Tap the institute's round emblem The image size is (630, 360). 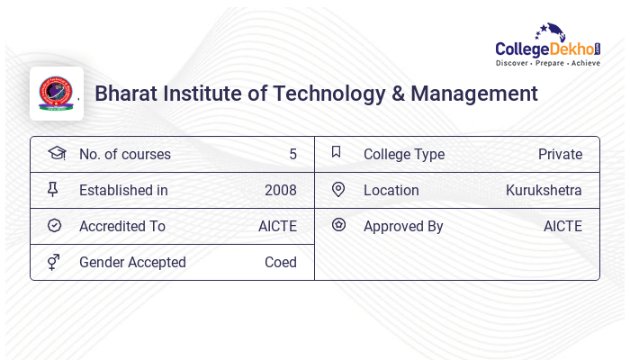click(56, 94)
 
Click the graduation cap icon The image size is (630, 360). click(56, 153)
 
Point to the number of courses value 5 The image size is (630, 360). click(292, 154)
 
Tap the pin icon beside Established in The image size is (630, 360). click(53, 190)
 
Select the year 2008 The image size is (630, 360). click(280, 190)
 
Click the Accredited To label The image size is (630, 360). click(122, 226)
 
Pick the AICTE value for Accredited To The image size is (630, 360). click(277, 226)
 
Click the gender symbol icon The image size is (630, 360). click(54, 262)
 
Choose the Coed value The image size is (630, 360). click(280, 262)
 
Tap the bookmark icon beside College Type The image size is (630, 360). click(337, 152)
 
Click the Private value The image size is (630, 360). click(560, 154)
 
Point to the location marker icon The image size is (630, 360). click(338, 189)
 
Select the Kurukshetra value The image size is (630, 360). click(544, 190)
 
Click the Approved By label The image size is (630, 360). click(403, 226)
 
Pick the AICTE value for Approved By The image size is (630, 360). click(562, 226)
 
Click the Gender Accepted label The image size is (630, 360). click(132, 262)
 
